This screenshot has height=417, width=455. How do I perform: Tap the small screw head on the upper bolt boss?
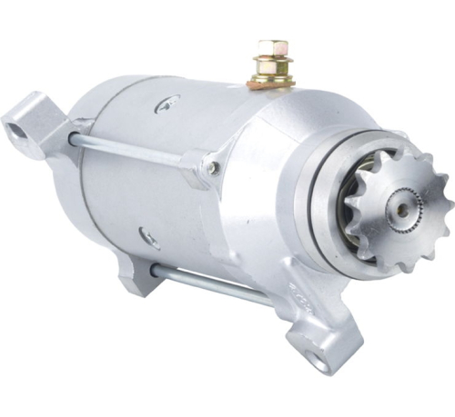coord(213,167)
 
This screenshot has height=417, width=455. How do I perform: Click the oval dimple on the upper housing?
coord(167,105)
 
